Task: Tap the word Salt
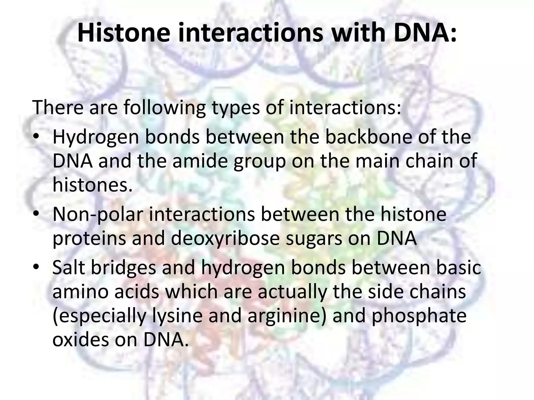click(x=69, y=267)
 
